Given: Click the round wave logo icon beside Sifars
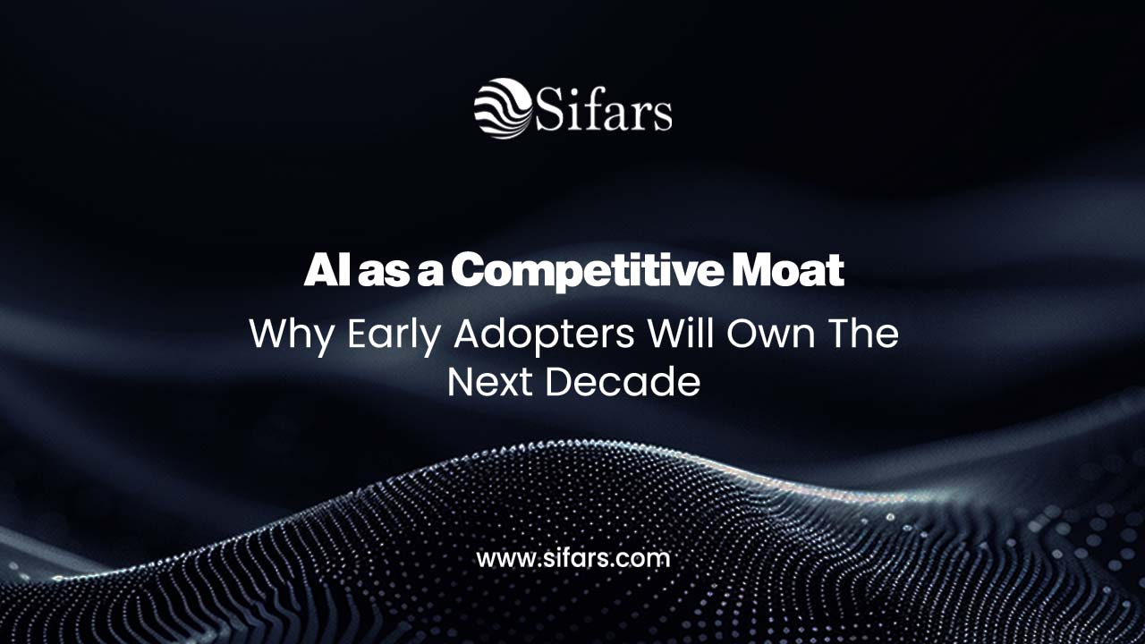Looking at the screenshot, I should (502, 108).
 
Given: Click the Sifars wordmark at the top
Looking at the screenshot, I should (603, 112).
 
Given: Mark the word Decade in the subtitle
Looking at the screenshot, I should (623, 382).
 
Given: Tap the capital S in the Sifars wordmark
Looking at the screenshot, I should (549, 112).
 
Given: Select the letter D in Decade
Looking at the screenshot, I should (559, 382).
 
